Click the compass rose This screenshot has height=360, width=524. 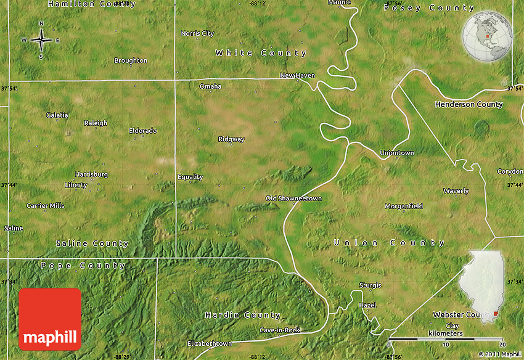point(41,40)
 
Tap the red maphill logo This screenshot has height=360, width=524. point(50,319)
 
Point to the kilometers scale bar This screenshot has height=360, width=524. point(446,339)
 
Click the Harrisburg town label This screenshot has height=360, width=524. point(91,174)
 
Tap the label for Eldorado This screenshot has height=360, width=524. point(143,131)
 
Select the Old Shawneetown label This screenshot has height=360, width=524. point(293,198)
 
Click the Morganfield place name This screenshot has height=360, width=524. point(404,206)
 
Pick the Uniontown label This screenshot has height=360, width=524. point(397,153)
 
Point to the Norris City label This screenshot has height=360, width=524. point(197,33)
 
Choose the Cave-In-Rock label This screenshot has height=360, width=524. point(279,330)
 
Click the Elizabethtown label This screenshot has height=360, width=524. point(210,343)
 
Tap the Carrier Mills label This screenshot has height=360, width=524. point(45,205)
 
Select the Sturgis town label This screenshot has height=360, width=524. point(370,285)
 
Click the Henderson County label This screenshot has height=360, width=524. point(469,105)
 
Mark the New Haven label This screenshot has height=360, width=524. point(297,76)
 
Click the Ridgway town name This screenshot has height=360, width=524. point(231,139)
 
